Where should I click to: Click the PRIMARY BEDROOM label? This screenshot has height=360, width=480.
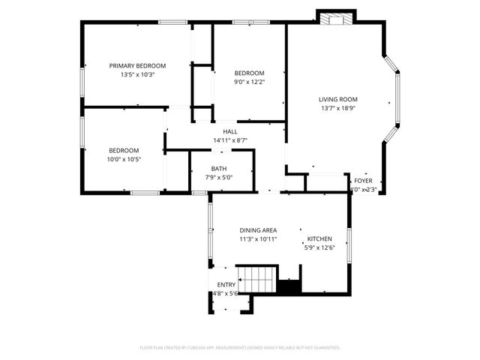(x=137, y=66)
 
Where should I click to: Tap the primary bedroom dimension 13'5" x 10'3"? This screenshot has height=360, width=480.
(x=137, y=75)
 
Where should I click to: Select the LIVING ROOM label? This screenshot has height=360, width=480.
(x=337, y=99)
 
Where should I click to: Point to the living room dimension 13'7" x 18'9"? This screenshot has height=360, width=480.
(x=337, y=108)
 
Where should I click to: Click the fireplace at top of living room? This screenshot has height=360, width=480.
(x=335, y=17)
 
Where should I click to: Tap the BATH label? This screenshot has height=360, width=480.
(x=219, y=169)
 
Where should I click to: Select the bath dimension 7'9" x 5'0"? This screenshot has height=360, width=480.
(x=219, y=178)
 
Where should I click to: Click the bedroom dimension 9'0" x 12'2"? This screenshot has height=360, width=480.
(x=250, y=82)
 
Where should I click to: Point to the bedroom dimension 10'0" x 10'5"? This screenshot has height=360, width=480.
(x=124, y=159)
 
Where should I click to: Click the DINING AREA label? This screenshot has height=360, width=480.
(x=258, y=230)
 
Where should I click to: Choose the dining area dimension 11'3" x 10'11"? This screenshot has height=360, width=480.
(x=258, y=239)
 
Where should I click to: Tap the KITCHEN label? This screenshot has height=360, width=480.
(x=319, y=239)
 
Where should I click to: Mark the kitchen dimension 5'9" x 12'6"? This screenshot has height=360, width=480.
(x=319, y=247)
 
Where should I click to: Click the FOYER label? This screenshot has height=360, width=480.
(x=364, y=181)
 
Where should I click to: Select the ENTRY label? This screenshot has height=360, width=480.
(x=226, y=285)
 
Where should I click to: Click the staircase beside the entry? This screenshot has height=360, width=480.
(x=257, y=279)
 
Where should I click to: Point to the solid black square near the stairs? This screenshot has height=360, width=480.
(x=289, y=286)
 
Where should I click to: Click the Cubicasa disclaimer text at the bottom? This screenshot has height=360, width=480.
(x=240, y=348)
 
